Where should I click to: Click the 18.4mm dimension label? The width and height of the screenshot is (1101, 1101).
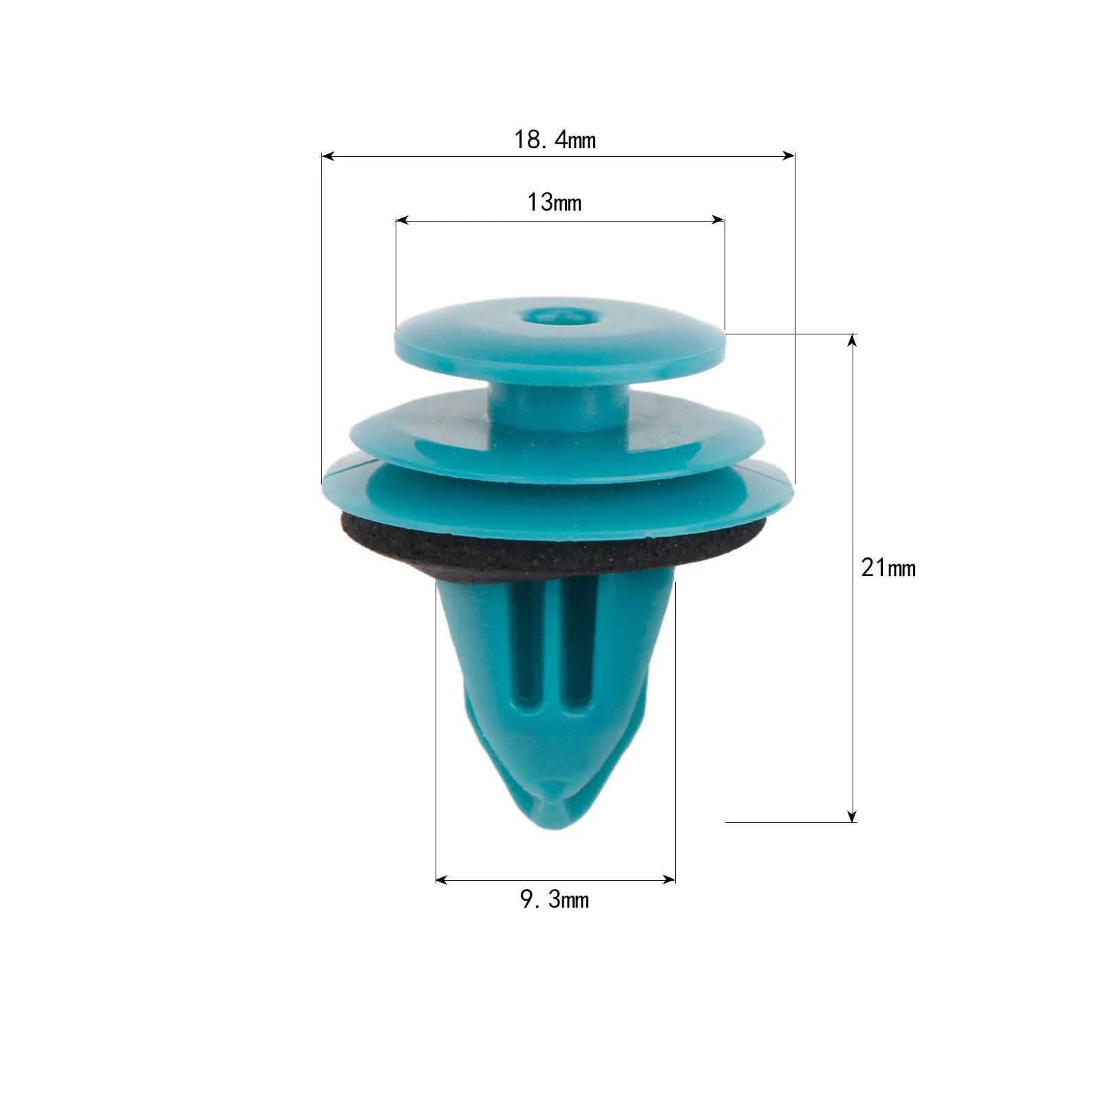[555, 140]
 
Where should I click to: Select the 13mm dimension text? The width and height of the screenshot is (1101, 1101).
[554, 202]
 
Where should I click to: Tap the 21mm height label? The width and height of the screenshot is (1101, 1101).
[888, 568]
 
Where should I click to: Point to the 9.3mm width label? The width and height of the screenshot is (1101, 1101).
[555, 899]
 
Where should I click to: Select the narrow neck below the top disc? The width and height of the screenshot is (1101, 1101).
[558, 406]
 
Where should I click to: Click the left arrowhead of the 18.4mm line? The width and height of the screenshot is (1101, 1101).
[328, 156]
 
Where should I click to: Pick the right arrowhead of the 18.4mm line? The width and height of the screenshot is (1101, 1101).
[788, 156]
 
